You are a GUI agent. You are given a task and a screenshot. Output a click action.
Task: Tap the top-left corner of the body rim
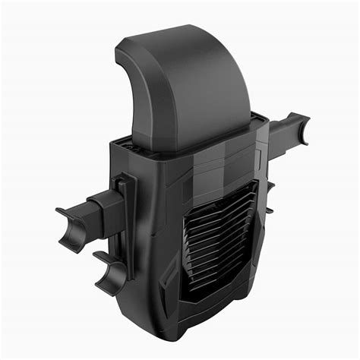click(x=114, y=141)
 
